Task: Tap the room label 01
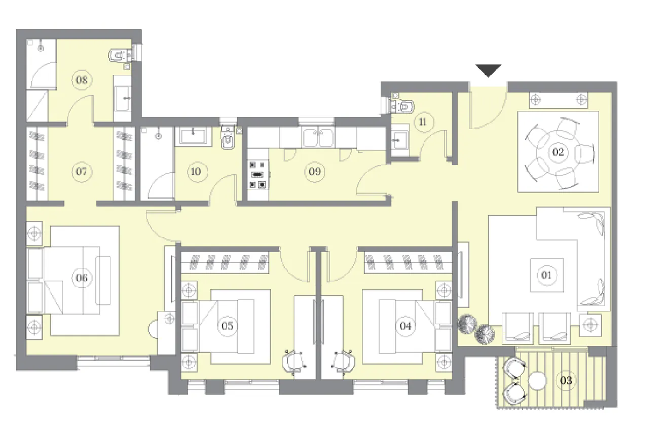546,275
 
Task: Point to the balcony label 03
566,380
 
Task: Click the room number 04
405,326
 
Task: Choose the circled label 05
228,326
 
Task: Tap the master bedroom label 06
82,278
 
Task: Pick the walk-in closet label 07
81,172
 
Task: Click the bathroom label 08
81,80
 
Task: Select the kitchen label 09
315,172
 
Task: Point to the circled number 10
196,172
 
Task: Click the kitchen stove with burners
257,174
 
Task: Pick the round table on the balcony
537,381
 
